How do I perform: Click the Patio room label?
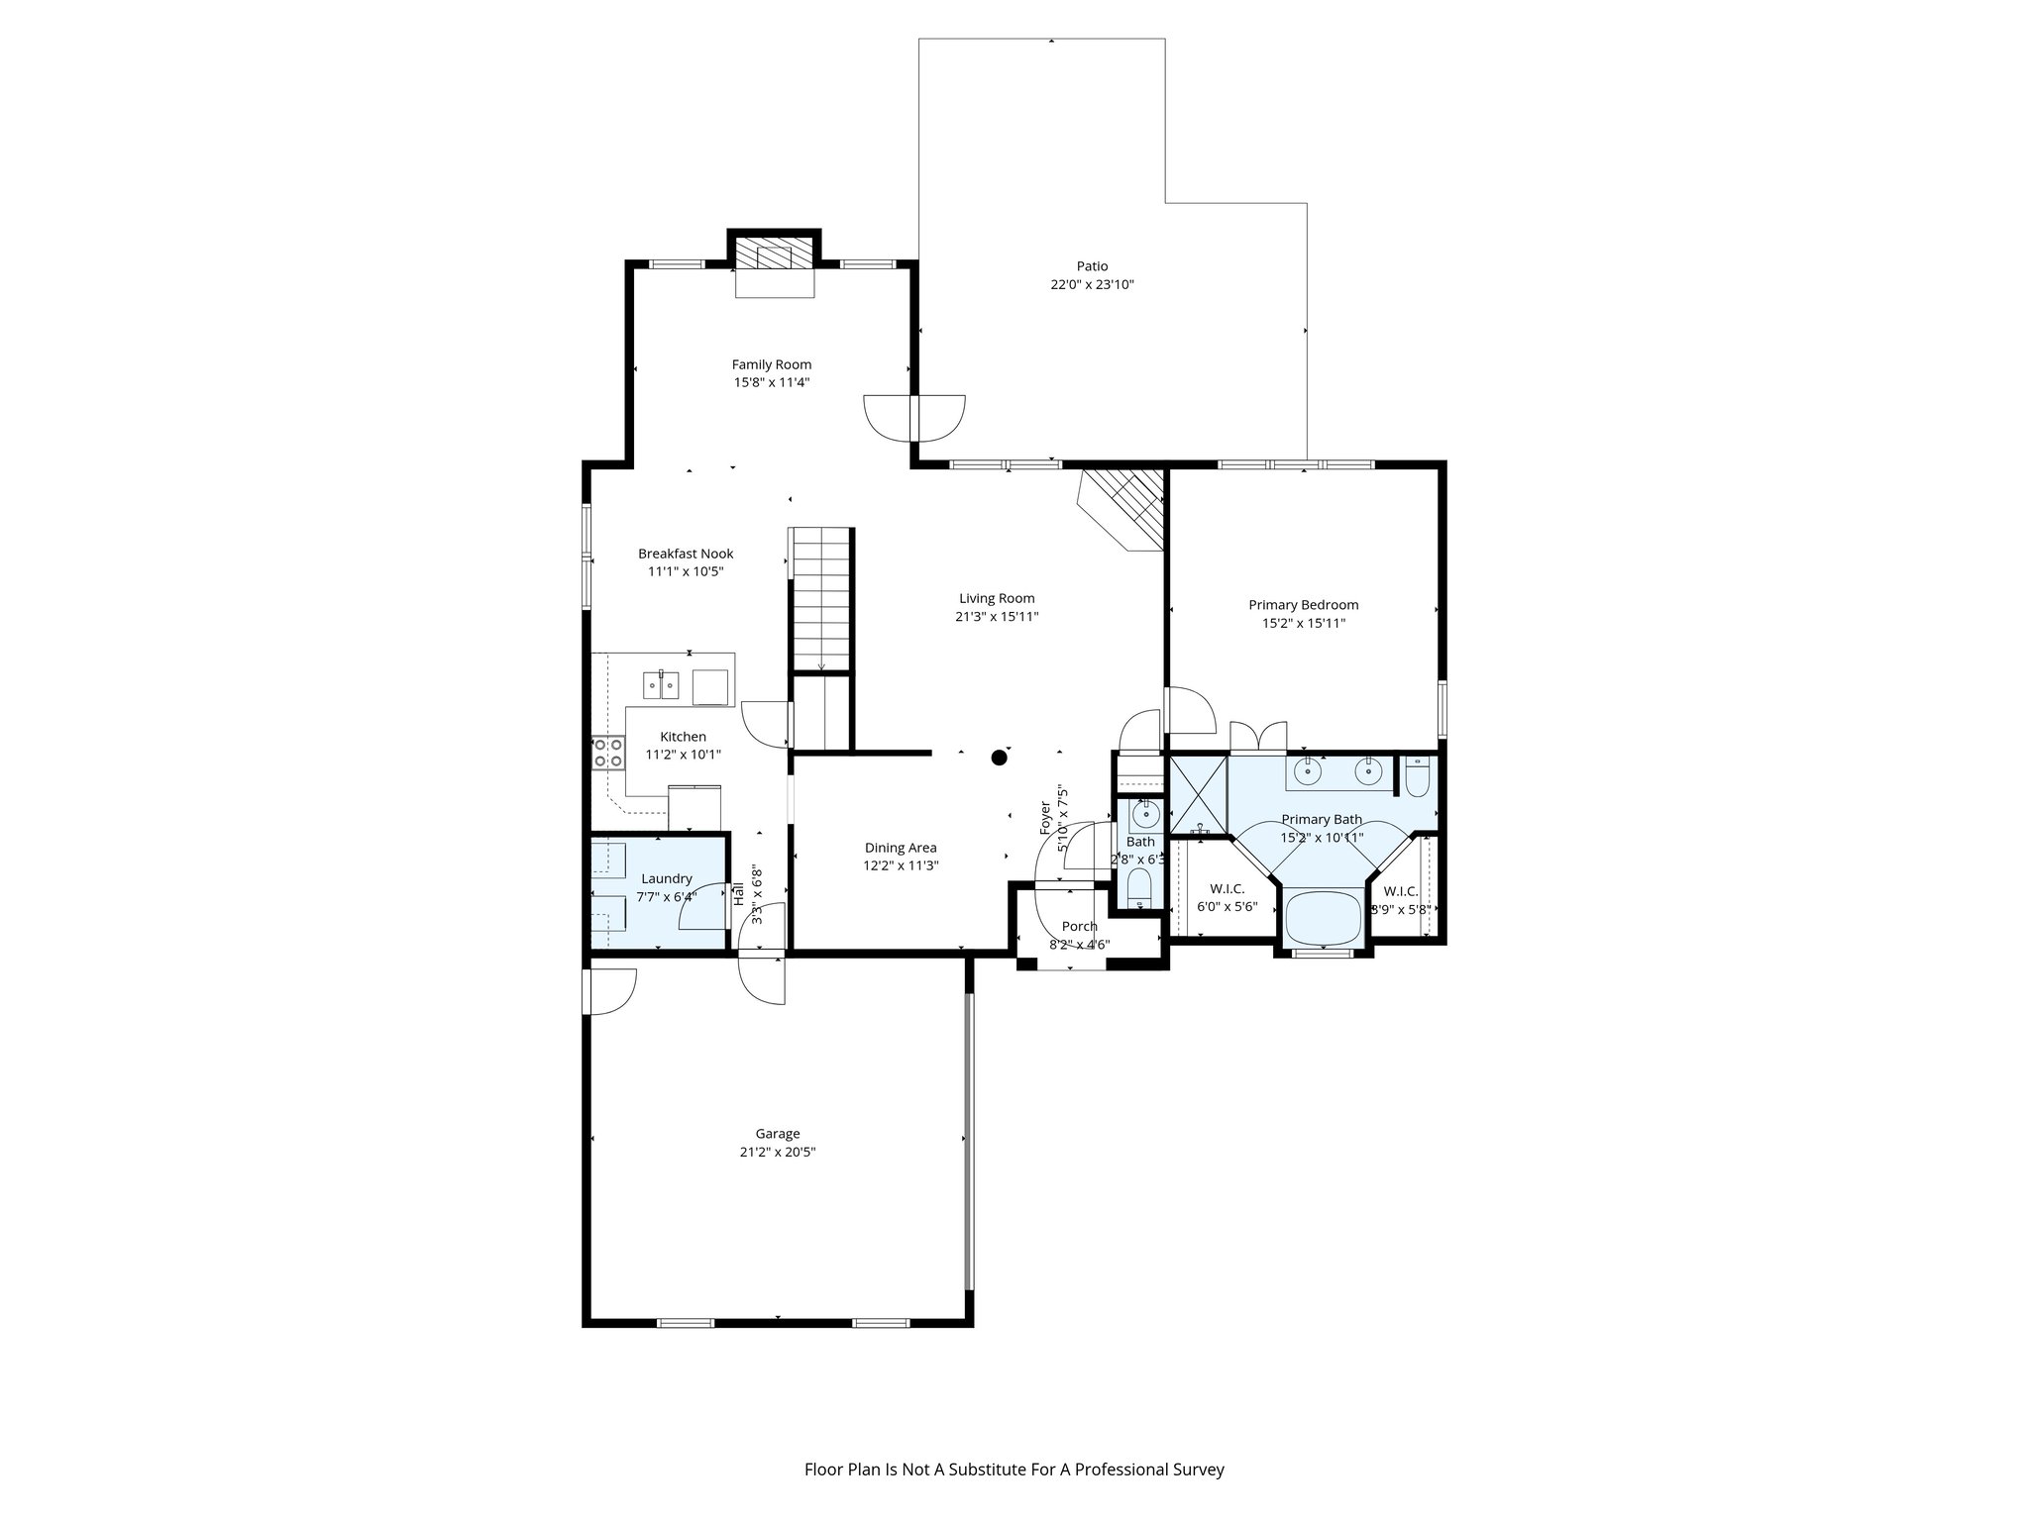[x=1092, y=266]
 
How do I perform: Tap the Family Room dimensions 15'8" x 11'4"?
[x=772, y=382]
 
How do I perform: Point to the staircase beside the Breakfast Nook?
[x=820, y=600]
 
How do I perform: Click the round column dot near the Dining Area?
[x=1000, y=758]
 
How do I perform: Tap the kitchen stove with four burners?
[x=608, y=753]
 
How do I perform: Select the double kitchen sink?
[x=661, y=684]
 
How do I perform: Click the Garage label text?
[x=778, y=1134]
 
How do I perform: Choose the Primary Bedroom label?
[x=1303, y=605]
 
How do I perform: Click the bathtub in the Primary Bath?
[x=1323, y=918]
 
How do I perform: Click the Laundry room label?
[x=666, y=878]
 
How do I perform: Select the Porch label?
[x=1079, y=927]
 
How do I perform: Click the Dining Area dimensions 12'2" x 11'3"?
[x=901, y=865]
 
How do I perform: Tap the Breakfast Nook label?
[x=686, y=554]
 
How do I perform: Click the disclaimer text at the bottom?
[x=1014, y=1470]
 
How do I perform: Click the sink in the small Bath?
[x=1145, y=815]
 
